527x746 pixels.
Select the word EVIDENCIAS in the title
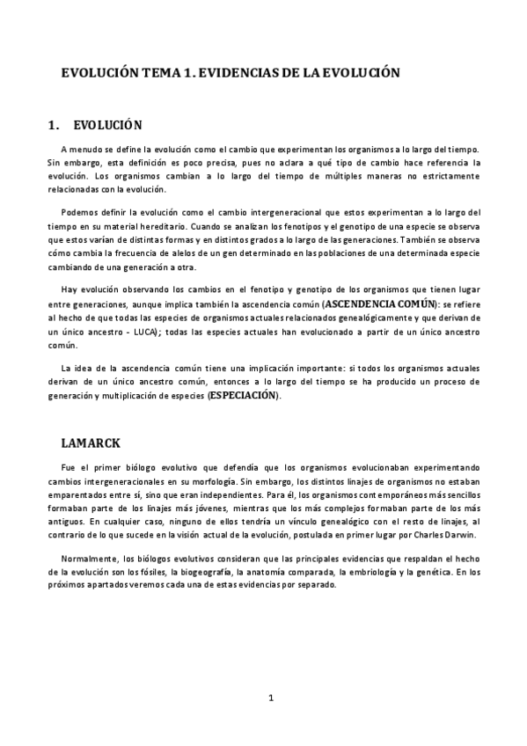(x=237, y=75)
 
